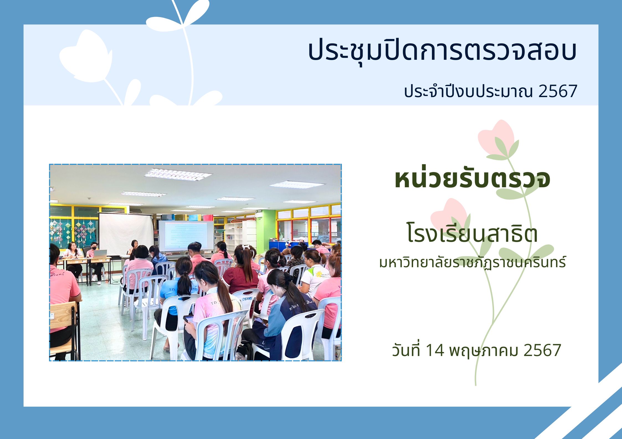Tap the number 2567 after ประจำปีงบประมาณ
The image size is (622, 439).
pos(557,91)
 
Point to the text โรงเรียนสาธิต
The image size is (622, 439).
pos(472,233)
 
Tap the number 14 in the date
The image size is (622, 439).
pos(434,350)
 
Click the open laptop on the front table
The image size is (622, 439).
pos(100,254)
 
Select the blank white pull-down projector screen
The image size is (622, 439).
pos(126,234)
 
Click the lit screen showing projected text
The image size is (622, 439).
pos(186,236)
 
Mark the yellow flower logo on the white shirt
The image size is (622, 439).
pos(319,274)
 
